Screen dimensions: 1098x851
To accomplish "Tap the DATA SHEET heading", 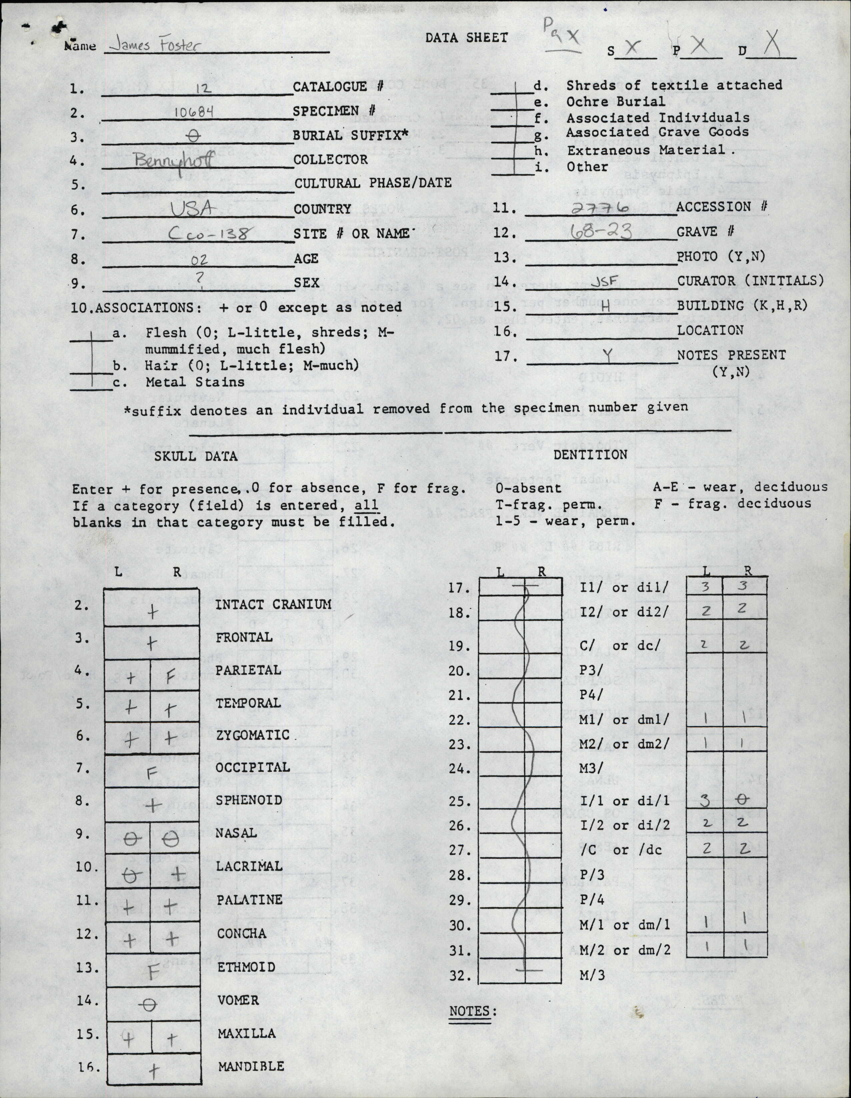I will point(467,38).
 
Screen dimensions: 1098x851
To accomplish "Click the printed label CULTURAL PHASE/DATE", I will point(372,183).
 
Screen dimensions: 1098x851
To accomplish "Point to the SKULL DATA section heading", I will point(196,456).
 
